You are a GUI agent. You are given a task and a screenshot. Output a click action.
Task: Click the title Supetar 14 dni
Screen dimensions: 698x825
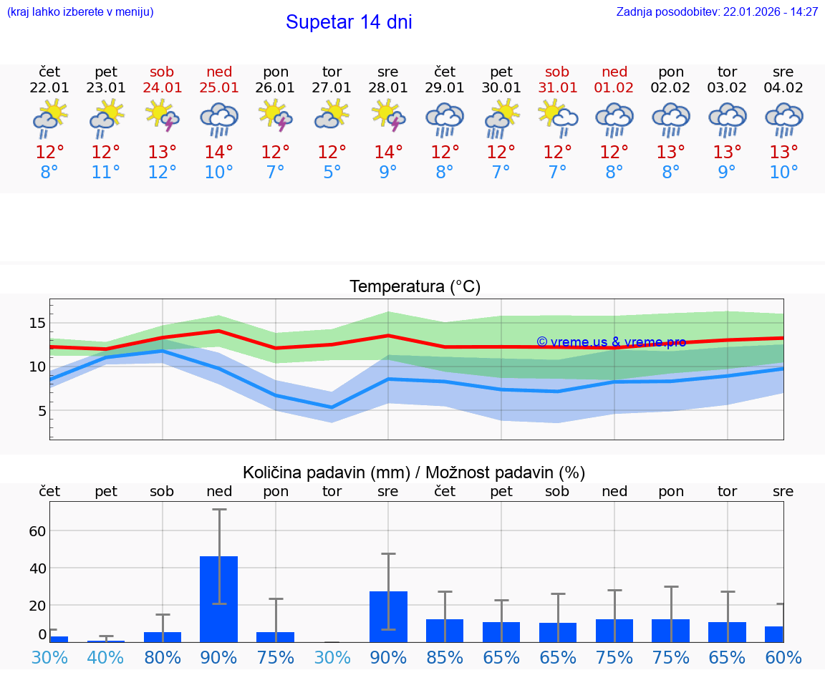[349, 22]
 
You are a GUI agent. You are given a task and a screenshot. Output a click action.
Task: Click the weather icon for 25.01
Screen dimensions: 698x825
[219, 119]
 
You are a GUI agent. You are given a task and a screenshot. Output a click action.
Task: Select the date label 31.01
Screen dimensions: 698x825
[557, 88]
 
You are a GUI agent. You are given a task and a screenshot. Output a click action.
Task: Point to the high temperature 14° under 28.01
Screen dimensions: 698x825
[388, 152]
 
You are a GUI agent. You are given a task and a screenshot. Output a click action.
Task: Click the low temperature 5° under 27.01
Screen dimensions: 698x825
[332, 172]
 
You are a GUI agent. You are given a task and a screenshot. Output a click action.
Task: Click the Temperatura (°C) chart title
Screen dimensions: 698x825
[415, 287]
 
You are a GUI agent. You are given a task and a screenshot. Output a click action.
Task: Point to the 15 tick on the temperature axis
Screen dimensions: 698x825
[37, 323]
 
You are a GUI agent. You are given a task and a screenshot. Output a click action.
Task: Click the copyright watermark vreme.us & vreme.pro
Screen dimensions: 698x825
[611, 342]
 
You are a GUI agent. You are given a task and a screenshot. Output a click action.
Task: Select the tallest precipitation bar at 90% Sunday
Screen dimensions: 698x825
[218, 598]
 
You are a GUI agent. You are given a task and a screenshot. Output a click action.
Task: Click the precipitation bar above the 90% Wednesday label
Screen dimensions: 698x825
[388, 616]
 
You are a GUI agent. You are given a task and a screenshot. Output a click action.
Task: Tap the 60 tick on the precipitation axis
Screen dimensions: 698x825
[37, 531]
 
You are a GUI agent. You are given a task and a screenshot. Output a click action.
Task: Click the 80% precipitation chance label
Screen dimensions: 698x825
[163, 658]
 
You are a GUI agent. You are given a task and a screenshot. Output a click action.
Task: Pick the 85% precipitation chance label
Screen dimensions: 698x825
[445, 658]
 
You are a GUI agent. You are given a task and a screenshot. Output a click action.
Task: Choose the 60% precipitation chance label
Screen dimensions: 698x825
[783, 658]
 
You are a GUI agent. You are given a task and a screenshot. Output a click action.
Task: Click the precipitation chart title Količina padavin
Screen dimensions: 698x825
[414, 472]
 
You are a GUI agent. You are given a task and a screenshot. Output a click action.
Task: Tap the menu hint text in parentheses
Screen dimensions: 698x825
[80, 12]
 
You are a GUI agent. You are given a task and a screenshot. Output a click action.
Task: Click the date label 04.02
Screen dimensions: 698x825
[783, 88]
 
